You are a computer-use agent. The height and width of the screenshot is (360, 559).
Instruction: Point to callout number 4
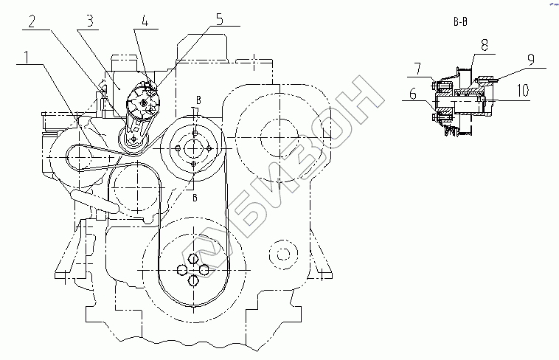coord(145,21)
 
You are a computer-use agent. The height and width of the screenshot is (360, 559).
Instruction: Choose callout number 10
coord(522,92)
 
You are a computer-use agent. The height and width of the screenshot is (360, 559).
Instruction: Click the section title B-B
coord(459,23)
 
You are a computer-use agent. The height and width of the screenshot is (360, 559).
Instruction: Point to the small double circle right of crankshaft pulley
coord(282,255)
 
